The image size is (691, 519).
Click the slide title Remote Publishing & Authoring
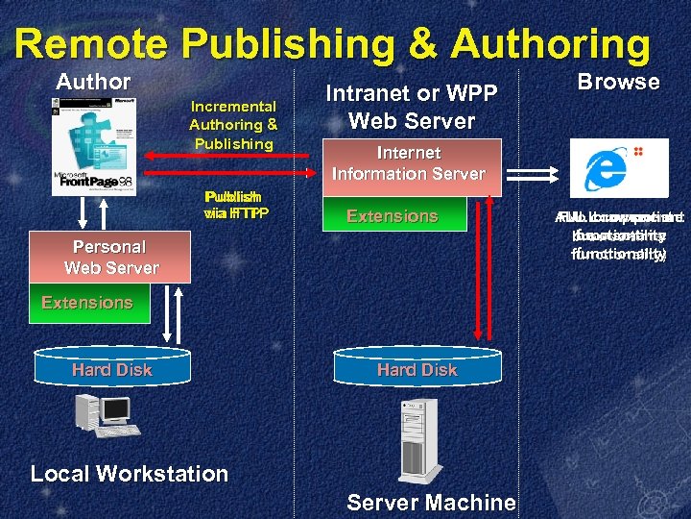click(332, 44)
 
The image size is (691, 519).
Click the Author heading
click(93, 83)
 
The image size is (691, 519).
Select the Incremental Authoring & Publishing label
click(233, 125)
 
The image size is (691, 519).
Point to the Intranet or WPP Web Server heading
click(412, 108)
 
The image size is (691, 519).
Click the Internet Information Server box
click(409, 163)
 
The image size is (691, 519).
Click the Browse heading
click(618, 83)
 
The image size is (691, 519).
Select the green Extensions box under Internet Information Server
click(393, 216)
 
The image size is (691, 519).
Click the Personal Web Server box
click(110, 258)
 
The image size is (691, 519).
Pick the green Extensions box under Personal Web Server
click(86, 302)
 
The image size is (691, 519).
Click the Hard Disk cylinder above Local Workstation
click(111, 369)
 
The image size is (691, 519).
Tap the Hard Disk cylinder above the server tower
click(417, 369)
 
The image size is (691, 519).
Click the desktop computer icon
click(107, 416)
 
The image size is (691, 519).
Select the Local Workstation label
click(129, 474)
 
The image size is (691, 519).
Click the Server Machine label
click(431, 502)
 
